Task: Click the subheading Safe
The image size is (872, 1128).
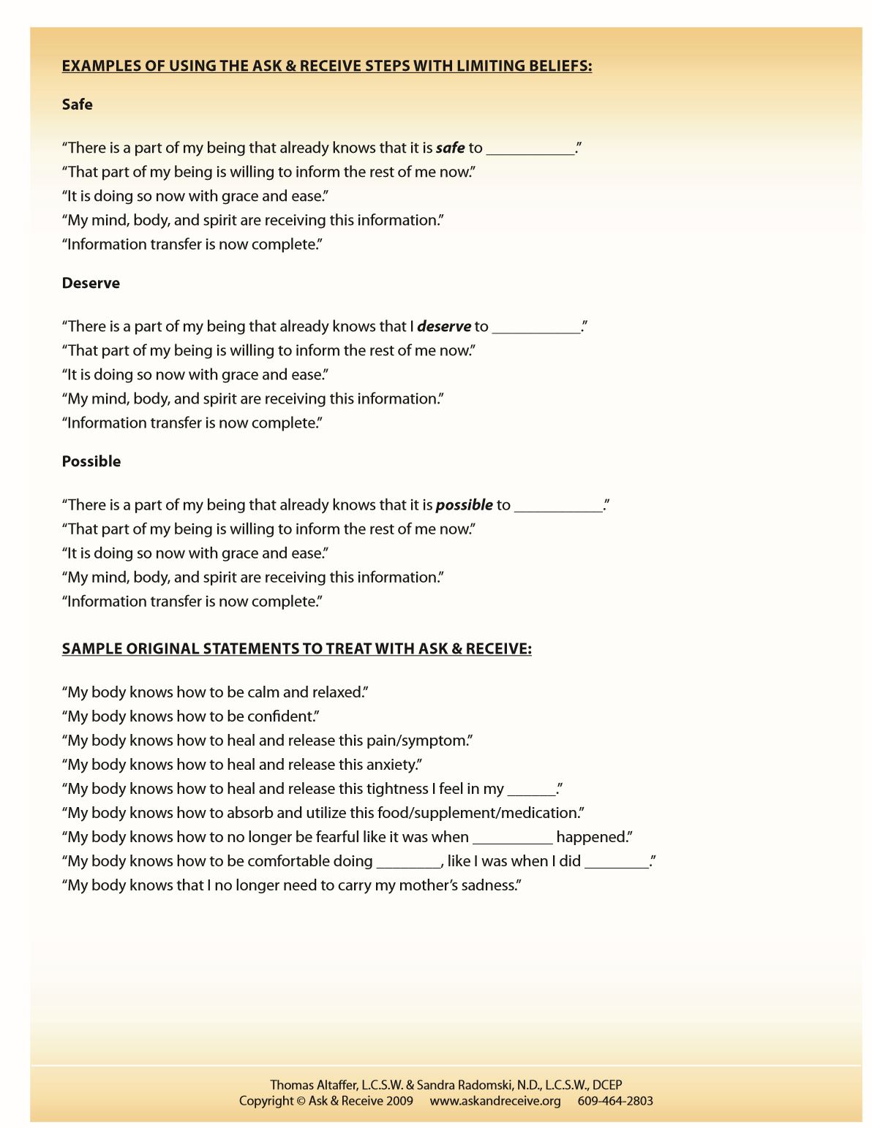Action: click(x=77, y=105)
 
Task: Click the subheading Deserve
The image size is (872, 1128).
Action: click(x=91, y=283)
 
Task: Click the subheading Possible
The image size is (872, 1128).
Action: click(x=91, y=461)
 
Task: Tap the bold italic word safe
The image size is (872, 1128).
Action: click(x=450, y=148)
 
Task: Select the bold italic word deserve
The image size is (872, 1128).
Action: click(x=443, y=327)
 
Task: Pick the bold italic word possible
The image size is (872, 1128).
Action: click(x=464, y=505)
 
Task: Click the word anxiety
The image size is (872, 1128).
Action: click(x=391, y=765)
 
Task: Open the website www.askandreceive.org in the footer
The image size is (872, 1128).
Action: click(x=495, y=1101)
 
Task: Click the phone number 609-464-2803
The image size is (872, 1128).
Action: click(x=615, y=1101)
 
